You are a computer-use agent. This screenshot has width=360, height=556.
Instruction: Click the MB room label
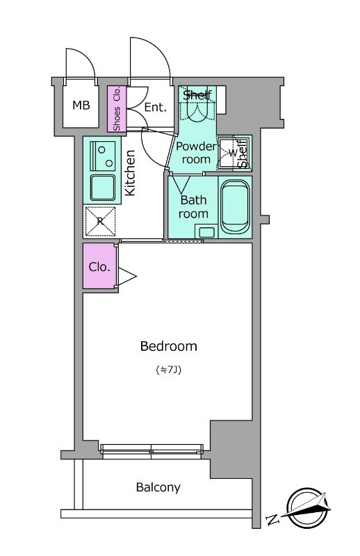(81, 105)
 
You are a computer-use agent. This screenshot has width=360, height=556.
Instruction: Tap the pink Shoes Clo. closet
(117, 109)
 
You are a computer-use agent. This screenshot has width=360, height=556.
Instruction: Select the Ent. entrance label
(156, 107)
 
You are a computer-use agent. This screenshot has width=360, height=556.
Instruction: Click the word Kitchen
(130, 172)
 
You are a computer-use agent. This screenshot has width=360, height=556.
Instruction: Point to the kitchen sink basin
(102, 188)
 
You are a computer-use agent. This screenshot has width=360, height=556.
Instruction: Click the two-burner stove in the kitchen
(102, 156)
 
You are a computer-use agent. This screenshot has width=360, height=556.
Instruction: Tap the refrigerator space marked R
(100, 221)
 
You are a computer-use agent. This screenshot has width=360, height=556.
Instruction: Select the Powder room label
(196, 153)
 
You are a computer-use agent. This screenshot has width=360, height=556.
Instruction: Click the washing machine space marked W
(232, 153)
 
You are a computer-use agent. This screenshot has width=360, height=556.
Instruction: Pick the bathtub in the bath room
(234, 207)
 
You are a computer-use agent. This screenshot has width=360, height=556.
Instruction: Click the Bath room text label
(193, 207)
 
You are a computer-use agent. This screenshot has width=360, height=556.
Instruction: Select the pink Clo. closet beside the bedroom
(99, 266)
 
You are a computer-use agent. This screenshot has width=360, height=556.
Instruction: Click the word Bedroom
(168, 346)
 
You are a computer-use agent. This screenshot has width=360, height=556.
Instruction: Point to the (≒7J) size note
(169, 370)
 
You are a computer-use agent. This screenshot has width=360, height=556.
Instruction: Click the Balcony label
(158, 488)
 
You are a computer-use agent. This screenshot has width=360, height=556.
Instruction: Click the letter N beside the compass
(272, 520)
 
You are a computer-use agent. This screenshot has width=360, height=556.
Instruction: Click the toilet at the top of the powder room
(197, 108)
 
